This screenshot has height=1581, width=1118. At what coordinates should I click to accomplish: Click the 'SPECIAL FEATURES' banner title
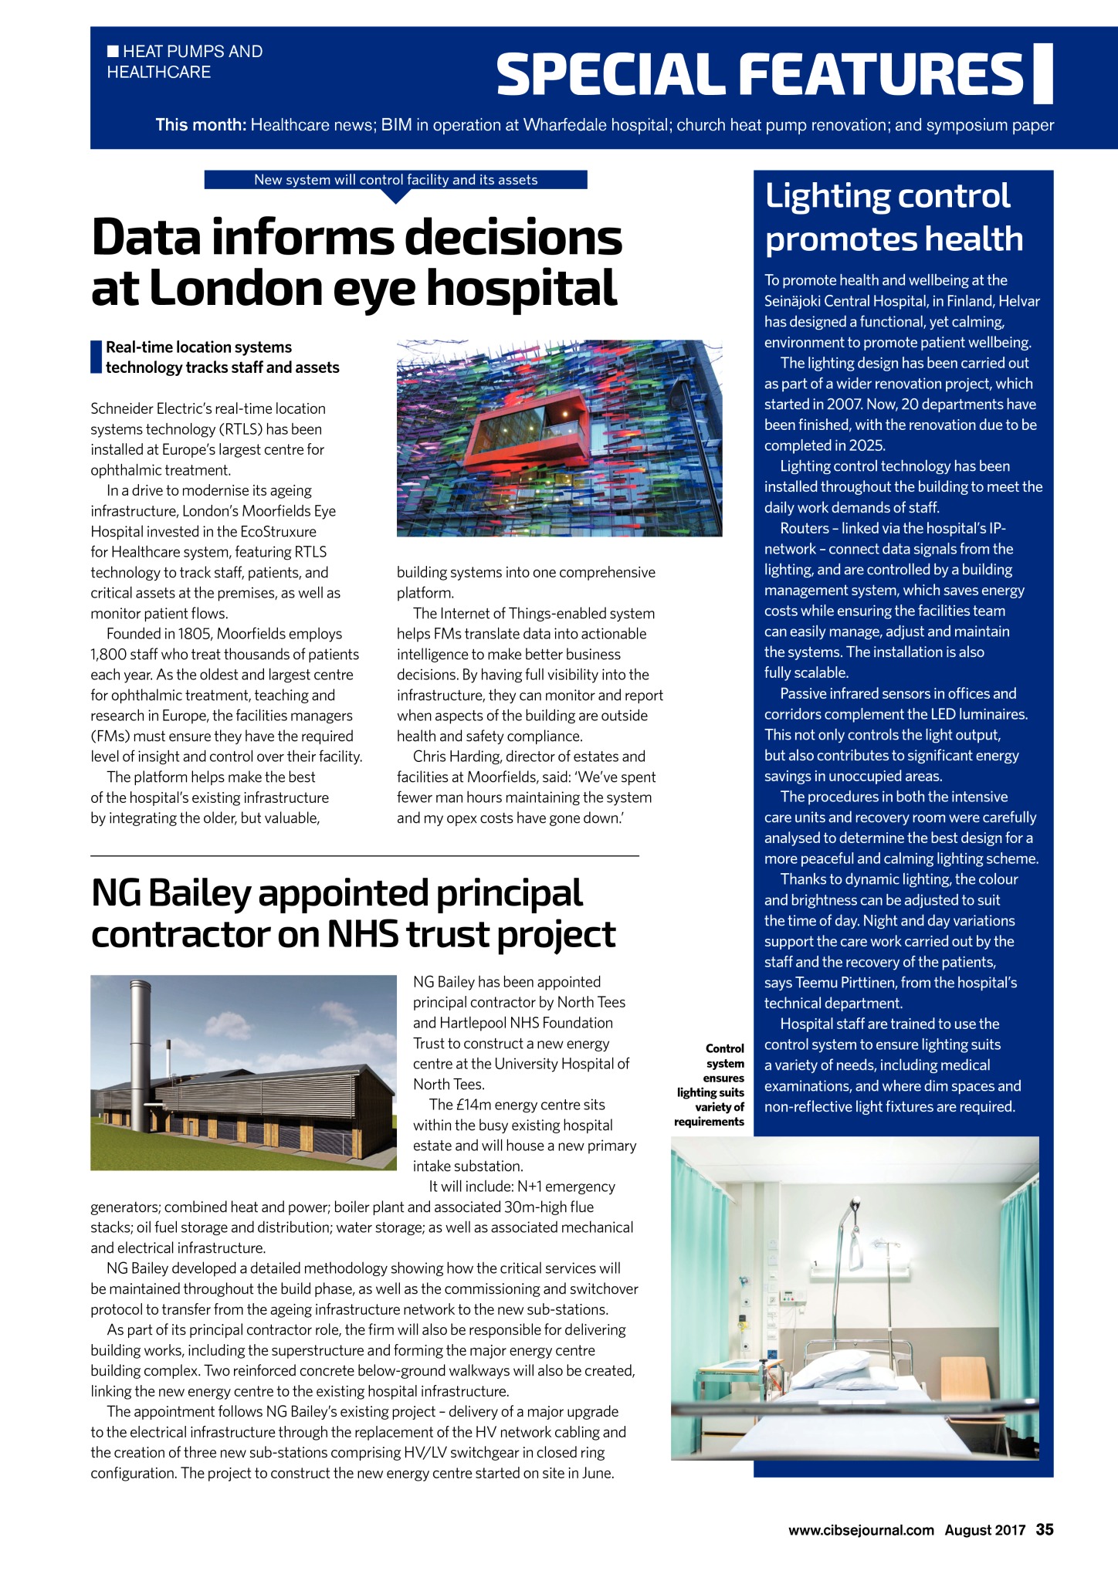[x=761, y=74]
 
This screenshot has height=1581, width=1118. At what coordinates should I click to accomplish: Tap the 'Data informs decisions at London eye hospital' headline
[x=356, y=262]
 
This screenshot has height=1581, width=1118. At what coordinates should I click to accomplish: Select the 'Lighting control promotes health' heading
[x=893, y=217]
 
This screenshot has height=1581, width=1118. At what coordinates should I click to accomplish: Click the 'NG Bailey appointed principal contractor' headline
[x=353, y=913]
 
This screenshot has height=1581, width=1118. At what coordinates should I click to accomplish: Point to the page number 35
[x=1045, y=1529]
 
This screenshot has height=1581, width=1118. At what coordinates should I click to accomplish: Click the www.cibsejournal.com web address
[x=861, y=1530]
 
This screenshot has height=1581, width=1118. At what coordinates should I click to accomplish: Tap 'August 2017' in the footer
[x=984, y=1530]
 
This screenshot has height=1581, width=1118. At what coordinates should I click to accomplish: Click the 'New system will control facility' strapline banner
[x=395, y=180]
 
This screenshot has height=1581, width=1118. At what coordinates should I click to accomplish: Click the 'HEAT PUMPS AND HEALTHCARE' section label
[x=185, y=62]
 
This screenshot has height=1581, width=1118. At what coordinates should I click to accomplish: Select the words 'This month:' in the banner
[x=200, y=125]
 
